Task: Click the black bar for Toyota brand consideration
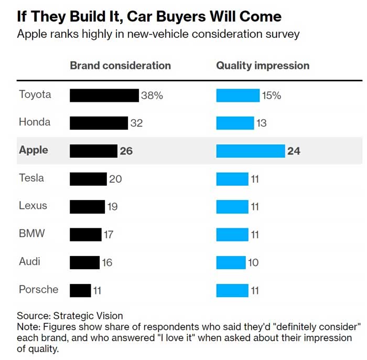tap(104, 96)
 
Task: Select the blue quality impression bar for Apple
tap(251, 151)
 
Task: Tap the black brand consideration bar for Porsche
tap(80, 290)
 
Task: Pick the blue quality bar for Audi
tap(231, 262)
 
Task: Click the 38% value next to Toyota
tap(152, 96)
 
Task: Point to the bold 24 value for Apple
tap(294, 151)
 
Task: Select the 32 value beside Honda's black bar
tap(136, 123)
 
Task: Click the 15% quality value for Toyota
tap(272, 96)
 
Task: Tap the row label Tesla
tap(31, 178)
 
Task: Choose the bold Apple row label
tap(33, 150)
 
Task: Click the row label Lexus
tap(33, 206)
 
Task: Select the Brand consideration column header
tap(120, 66)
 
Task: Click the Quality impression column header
tap(263, 66)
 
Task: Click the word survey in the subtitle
tap(283, 35)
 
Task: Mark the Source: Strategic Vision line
tap(70, 316)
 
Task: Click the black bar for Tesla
tap(88, 179)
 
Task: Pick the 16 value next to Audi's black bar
tap(107, 262)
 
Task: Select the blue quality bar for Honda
tap(235, 123)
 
